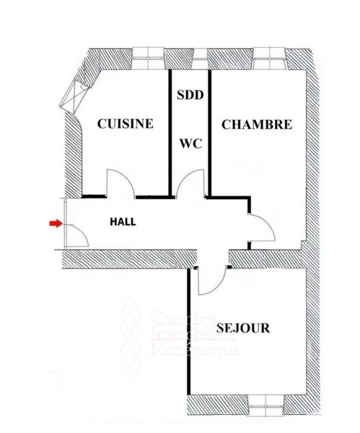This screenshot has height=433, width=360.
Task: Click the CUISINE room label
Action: pos(126,123)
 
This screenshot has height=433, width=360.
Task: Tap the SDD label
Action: pos(190,95)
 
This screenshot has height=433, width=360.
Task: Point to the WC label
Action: pos(190,144)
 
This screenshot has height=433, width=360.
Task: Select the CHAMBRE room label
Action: pos(257,125)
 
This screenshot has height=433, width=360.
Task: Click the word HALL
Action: pos(123,222)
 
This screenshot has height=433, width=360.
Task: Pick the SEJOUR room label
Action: pos(243,328)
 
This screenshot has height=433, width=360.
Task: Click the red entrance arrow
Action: pos(56,223)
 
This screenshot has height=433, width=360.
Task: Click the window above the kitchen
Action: pos(148,58)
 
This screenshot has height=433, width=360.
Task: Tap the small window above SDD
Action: pos(200,58)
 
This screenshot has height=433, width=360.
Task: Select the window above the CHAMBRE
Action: pos(269,58)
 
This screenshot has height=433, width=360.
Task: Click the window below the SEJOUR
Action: pos(265,406)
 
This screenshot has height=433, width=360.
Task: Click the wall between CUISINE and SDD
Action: pos(170,134)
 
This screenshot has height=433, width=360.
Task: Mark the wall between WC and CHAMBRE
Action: pos(210,134)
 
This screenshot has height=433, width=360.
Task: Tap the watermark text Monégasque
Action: pos(196,350)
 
